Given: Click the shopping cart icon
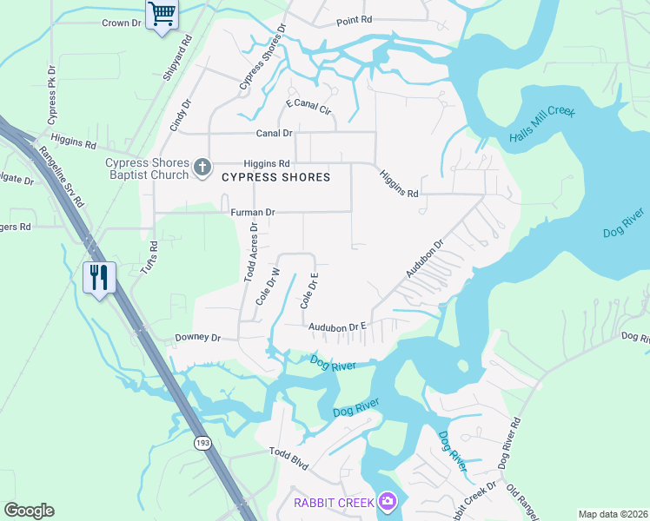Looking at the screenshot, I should coord(160,14).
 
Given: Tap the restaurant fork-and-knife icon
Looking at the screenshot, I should coord(98,277).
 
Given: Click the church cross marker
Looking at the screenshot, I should coord(202,167).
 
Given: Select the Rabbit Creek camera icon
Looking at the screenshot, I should coord(388,502).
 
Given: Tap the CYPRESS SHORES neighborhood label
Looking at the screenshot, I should coord(275,177).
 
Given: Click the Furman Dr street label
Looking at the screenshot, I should coord(253,212).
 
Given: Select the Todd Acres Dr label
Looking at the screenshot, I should coord(250,253).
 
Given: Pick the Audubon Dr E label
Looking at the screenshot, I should coord(339,326).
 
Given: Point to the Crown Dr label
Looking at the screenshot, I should coord(121,23).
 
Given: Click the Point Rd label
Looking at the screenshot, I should coord(354,19).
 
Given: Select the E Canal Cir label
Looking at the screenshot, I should coord(309,108).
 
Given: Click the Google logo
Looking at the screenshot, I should coord(29,511).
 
